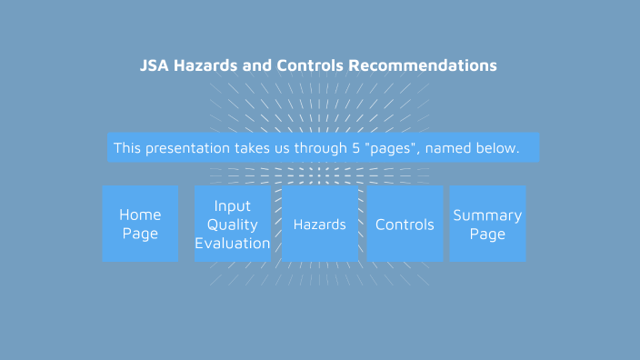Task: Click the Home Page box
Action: (x=140, y=224)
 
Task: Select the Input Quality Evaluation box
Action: (x=232, y=224)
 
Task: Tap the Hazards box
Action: (x=319, y=224)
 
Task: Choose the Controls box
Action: (x=405, y=224)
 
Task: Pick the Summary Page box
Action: (x=487, y=224)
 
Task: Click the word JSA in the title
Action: (x=155, y=66)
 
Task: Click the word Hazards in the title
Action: (x=215, y=66)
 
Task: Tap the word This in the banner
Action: (x=128, y=147)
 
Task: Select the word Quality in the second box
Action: (x=232, y=225)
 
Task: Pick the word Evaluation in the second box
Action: (x=232, y=244)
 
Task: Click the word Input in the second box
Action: (x=232, y=206)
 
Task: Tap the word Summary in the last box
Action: (x=487, y=215)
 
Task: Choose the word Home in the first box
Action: (x=140, y=215)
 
